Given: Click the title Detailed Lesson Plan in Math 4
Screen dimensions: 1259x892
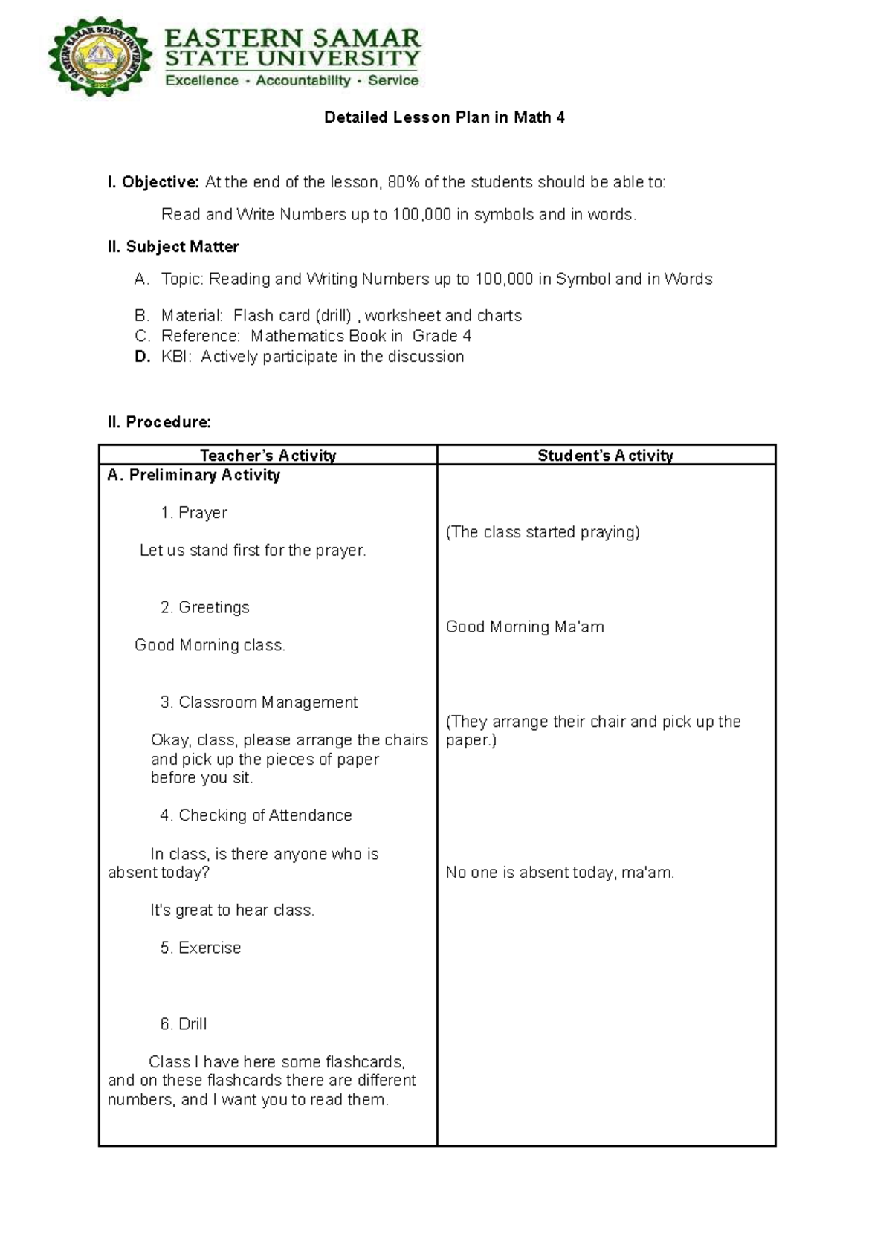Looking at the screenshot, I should point(445,117).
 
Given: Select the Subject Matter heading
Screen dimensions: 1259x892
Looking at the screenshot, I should point(173,247).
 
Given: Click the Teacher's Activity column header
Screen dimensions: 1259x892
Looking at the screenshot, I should point(268,455).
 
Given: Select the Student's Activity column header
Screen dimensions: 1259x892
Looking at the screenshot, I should point(605,455).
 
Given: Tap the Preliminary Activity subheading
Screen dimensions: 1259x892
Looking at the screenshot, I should point(194,475).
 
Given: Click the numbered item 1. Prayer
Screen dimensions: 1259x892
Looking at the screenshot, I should point(193,513).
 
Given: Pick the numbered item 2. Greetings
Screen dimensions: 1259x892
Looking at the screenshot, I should point(204,607).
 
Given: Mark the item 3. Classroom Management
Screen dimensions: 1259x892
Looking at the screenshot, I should point(259,702).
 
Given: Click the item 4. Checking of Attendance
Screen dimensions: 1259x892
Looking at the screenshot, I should point(256,815).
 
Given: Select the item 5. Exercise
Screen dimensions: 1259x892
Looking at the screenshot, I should point(201,948).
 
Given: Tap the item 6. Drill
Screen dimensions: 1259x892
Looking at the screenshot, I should point(184,1024).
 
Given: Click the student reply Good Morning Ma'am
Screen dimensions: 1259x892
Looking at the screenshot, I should point(525,627).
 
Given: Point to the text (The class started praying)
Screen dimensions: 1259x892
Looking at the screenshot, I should point(543,532).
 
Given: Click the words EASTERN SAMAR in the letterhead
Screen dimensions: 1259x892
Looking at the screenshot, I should point(292,37).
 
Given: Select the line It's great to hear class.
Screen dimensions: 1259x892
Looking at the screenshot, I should point(232,910).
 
